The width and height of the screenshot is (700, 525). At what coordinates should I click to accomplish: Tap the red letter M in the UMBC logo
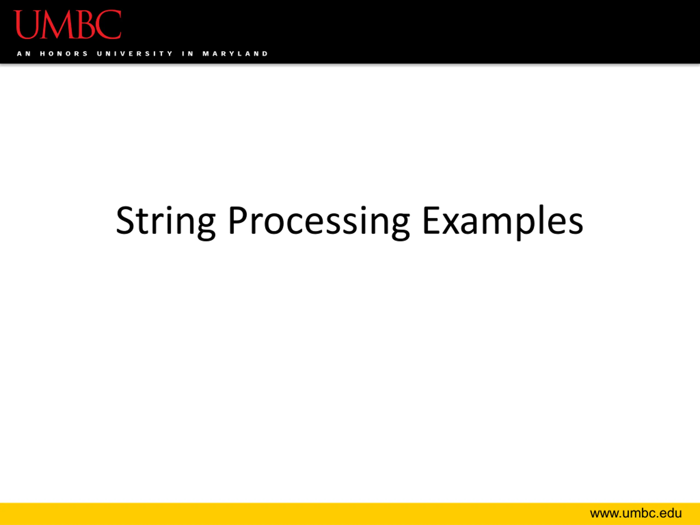tap(58, 24)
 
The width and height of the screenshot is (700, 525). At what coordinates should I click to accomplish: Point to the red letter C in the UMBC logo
tap(108, 24)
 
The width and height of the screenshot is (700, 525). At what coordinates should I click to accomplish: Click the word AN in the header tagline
tap(24, 54)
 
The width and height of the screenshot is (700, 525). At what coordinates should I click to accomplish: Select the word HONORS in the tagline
tap(64, 54)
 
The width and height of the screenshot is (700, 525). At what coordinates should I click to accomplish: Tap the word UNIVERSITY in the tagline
tap(135, 54)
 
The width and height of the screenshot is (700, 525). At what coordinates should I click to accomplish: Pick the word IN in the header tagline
tap(188, 54)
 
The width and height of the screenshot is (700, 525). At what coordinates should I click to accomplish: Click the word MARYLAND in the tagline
tap(235, 54)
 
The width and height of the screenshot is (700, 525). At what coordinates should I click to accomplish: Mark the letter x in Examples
tap(452, 224)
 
